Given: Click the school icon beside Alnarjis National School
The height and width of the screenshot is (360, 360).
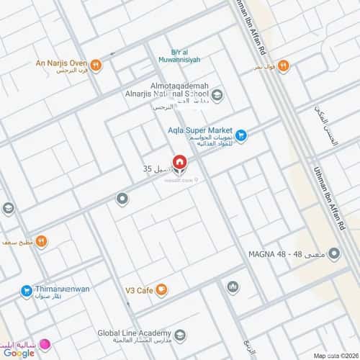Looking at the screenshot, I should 217,94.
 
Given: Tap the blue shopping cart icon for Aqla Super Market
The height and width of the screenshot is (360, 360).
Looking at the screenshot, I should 241,133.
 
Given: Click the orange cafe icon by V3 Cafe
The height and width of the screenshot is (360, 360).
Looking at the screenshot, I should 162,290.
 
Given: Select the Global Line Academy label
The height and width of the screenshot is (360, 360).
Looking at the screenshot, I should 134,333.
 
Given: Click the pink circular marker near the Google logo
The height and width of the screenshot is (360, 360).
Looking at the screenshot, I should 44,345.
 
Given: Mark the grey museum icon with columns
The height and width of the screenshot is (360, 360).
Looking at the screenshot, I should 233,287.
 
